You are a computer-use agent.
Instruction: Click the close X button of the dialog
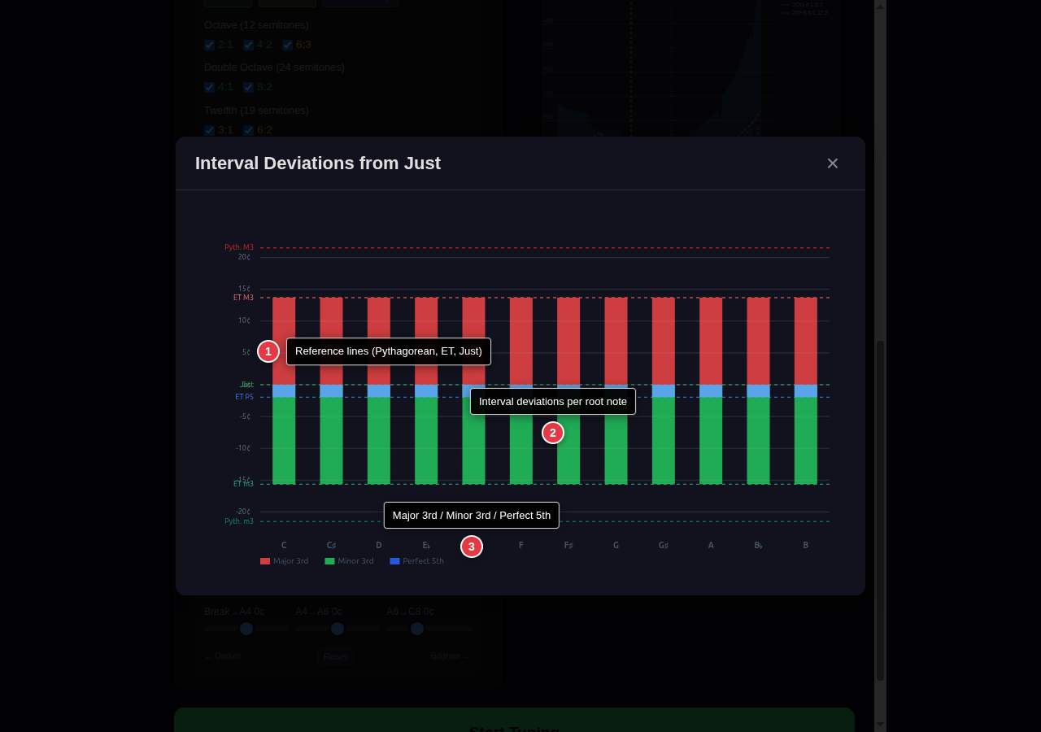coord(832,163)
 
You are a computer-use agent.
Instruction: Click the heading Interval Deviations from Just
coord(318,163)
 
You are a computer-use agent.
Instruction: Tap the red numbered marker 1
coord(268,351)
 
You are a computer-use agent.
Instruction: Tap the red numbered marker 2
coord(553,433)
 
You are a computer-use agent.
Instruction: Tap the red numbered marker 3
coord(472,547)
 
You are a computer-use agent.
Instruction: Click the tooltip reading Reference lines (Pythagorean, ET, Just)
coord(389,351)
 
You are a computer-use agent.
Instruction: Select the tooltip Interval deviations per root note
coord(553,401)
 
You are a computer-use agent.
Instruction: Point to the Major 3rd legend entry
coord(285,561)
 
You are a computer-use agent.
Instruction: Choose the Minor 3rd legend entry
coord(350,561)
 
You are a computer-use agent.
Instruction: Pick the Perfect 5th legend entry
coord(417,561)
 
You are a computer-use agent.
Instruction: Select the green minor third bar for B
coord(806,440)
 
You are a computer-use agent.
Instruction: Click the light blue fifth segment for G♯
coord(664,391)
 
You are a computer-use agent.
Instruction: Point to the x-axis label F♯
coord(568,545)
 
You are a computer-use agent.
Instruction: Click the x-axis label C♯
coord(331,545)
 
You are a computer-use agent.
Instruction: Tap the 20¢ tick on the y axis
coord(244,257)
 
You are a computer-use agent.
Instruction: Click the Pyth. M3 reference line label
coord(239,247)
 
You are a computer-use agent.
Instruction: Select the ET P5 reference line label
coord(244,397)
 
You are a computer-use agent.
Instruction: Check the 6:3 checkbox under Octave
coord(288,46)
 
